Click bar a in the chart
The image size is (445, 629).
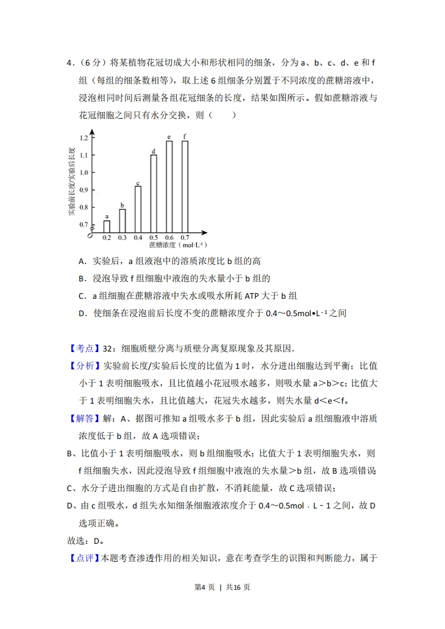tap(107, 226)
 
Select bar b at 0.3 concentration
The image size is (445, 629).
tap(122, 220)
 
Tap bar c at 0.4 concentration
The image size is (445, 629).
tap(138, 209)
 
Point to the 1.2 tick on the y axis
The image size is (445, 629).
tap(84, 137)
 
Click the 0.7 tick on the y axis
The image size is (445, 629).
tap(84, 224)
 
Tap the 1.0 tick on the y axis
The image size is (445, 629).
tap(84, 172)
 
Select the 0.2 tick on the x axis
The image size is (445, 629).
tap(107, 238)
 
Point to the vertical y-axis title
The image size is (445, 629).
tap(71, 181)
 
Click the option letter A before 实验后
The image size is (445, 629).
tap(81, 261)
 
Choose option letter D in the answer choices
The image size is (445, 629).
tap(81, 313)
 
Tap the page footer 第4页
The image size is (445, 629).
tap(207, 587)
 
